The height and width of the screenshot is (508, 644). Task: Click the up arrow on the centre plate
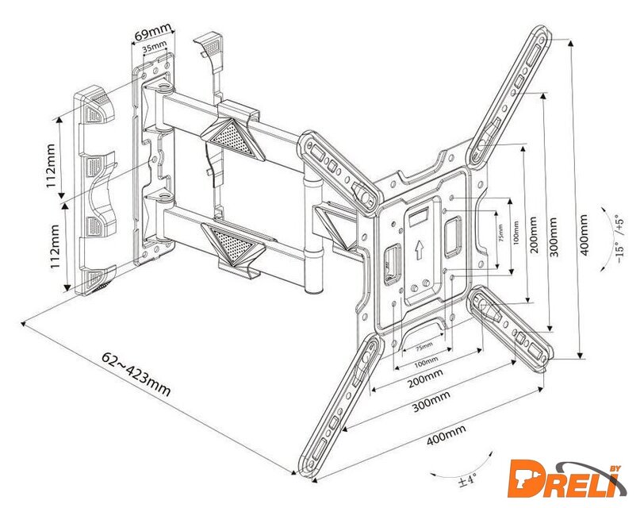pos(418,252)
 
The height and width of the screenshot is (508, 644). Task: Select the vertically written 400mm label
pos(585,237)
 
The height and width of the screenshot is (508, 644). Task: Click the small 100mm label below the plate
pos(427,362)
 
